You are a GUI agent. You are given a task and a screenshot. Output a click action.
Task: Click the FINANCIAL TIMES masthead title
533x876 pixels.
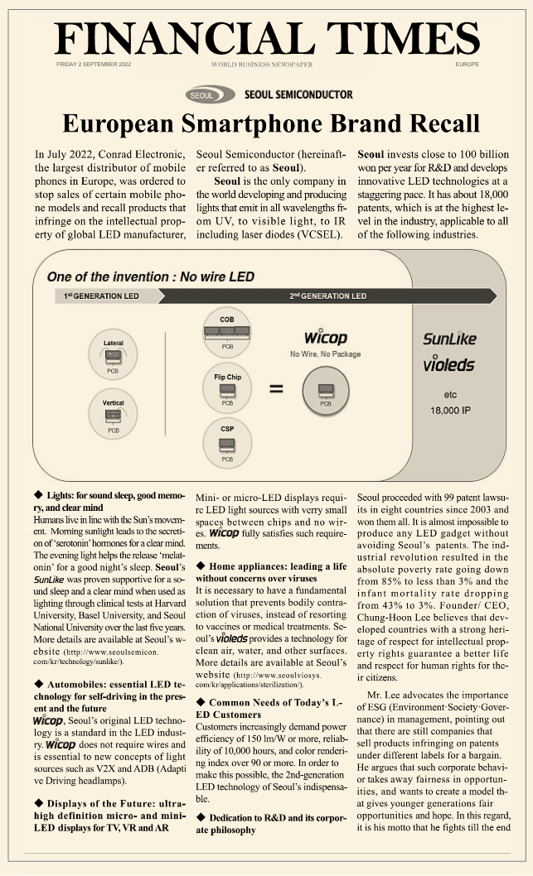[x=266, y=37]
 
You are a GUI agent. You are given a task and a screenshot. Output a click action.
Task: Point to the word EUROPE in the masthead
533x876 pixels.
[x=467, y=64]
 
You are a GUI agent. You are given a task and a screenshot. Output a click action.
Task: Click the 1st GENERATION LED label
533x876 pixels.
[x=102, y=296]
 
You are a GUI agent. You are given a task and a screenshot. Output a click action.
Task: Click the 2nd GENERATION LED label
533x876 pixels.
[x=327, y=296]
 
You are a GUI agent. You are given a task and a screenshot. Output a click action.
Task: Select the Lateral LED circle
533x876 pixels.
[x=114, y=354]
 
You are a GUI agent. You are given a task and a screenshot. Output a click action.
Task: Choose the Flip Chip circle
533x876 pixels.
[x=227, y=389]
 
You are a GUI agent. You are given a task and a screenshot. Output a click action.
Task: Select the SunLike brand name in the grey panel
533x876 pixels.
[x=450, y=339]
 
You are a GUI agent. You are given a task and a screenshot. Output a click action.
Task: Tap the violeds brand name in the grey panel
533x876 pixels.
[x=449, y=364]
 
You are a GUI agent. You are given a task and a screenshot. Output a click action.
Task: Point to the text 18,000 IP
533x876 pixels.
[x=450, y=410]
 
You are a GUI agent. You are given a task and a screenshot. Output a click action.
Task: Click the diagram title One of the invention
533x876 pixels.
[x=150, y=277]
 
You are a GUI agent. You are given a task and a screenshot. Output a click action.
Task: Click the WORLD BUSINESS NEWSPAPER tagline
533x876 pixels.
[x=261, y=64]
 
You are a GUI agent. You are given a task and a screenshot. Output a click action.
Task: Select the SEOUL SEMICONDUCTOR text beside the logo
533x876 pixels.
[x=298, y=94]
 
